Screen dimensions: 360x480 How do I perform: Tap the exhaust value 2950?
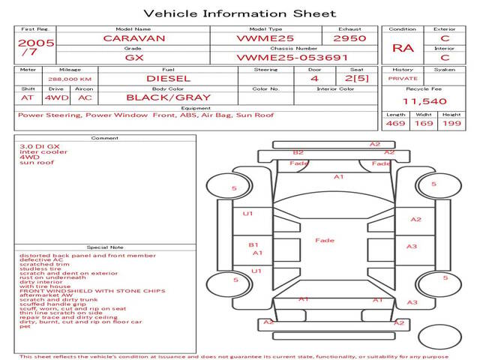pos(349,37)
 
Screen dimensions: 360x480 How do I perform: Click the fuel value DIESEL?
pos(168,78)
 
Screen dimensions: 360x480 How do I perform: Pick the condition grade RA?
pos(403,48)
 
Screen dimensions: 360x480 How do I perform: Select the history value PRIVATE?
pos(403,78)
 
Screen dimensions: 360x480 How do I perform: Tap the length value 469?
pos(395,124)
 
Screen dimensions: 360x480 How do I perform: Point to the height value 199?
pos(451,124)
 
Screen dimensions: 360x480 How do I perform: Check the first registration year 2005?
pos(35,43)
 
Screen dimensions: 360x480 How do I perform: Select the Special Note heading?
pos(105,247)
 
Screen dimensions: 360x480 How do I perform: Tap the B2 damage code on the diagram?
pos(298,152)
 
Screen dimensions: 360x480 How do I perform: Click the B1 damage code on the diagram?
pos(253,244)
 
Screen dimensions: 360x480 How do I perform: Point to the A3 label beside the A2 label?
pos(412,246)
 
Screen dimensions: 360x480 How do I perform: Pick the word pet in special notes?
pos(25,326)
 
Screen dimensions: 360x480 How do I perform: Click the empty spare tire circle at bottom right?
pos(439,338)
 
